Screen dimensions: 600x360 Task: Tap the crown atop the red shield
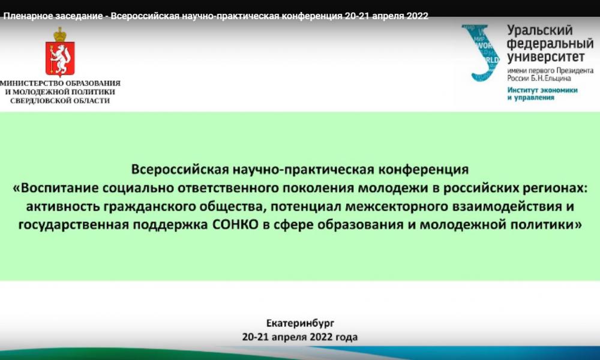60,34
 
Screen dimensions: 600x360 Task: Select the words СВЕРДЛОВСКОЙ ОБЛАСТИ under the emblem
60,101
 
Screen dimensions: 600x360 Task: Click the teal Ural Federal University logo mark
481,53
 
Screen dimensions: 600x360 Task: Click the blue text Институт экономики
542,90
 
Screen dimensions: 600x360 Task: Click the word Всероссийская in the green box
179,169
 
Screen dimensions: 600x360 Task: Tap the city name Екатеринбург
301,323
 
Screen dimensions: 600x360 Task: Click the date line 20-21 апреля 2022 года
300,337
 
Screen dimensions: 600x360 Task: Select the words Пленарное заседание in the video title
53,16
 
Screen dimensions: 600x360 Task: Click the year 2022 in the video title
418,16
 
